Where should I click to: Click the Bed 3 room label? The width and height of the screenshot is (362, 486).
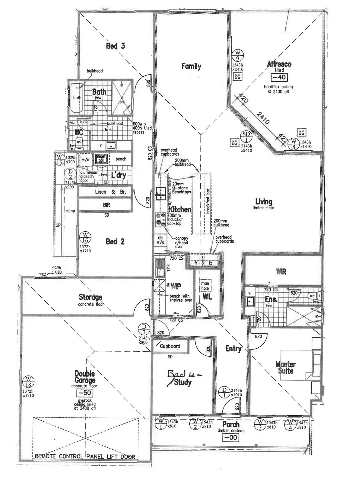(115, 46)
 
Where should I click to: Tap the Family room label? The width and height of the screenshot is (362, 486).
(191, 66)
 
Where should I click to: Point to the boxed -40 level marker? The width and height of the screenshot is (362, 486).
(279, 77)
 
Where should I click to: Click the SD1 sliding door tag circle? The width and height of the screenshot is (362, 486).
(246, 137)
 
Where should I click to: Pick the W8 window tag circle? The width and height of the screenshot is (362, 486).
(293, 144)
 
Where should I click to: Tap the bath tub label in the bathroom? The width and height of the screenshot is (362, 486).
(77, 98)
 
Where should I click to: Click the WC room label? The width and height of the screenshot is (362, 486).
(78, 133)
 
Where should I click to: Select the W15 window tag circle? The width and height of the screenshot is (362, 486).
(59, 159)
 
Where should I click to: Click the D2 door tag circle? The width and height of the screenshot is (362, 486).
(70, 175)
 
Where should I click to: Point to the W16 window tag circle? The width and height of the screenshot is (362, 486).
(85, 237)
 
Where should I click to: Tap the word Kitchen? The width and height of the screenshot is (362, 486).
(180, 209)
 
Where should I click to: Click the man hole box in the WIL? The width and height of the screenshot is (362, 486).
(205, 286)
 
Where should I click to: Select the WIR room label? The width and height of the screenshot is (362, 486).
(281, 272)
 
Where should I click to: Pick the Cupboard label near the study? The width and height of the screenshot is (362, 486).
(170, 346)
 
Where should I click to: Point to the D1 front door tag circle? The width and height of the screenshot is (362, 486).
(224, 393)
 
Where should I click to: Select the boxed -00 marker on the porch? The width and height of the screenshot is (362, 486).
(231, 437)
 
